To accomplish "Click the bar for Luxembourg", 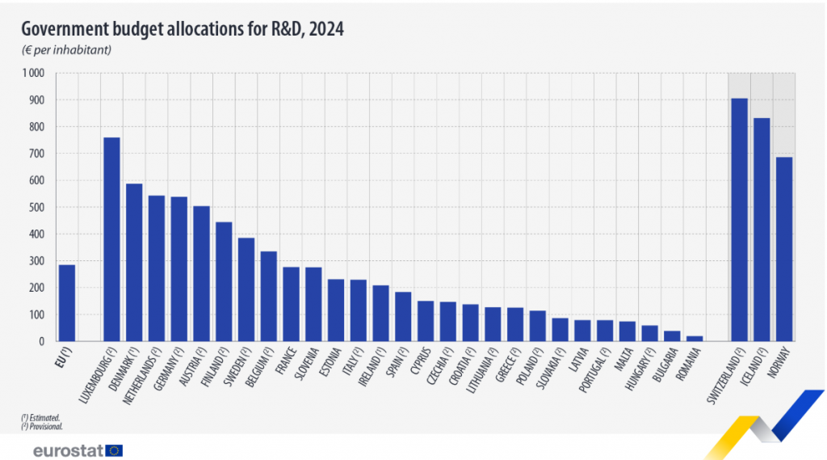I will pyautogui.click(x=111, y=239).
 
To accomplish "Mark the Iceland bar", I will pyautogui.click(x=762, y=230).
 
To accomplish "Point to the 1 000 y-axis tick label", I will pyautogui.click(x=34, y=74).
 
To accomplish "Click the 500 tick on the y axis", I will pyautogui.click(x=38, y=208).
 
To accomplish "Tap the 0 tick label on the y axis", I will pyautogui.click(x=44, y=342).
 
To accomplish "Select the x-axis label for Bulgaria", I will pyautogui.click(x=666, y=367).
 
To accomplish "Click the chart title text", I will pyautogui.click(x=183, y=29).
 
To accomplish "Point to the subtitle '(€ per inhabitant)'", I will pyautogui.click(x=66, y=50).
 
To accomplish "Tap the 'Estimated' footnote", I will pyautogui.click(x=42, y=417).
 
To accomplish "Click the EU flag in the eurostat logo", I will pyautogui.click(x=114, y=450).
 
